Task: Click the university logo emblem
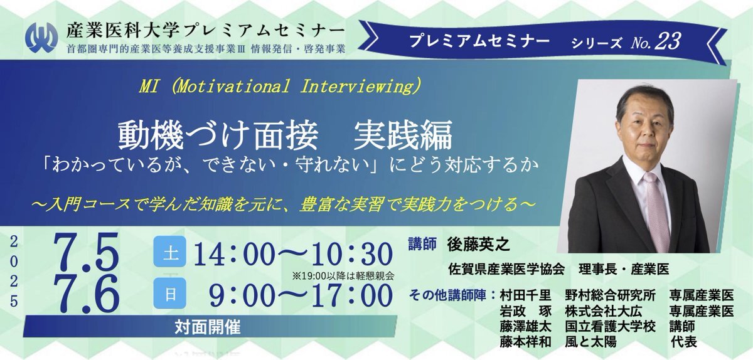41,37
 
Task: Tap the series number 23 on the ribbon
667,41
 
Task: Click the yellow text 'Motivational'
233,86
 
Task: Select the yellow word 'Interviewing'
356,86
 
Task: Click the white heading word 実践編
403,135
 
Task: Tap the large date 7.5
87,252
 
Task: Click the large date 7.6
87,294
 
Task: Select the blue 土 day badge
170,251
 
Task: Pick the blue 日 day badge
170,294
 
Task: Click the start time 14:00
233,255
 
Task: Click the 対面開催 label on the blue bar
208,327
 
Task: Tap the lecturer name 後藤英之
478,245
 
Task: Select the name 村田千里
525,295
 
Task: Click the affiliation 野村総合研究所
611,295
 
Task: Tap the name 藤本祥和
525,342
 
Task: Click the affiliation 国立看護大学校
611,326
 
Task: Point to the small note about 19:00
343,277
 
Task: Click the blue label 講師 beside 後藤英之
422,244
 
